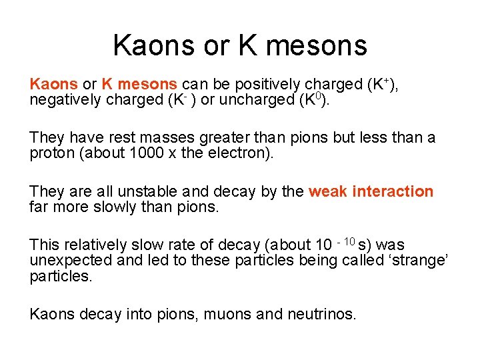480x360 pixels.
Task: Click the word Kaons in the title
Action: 155,45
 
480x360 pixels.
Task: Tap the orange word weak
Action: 327,192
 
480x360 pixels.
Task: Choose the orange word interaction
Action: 393,192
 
